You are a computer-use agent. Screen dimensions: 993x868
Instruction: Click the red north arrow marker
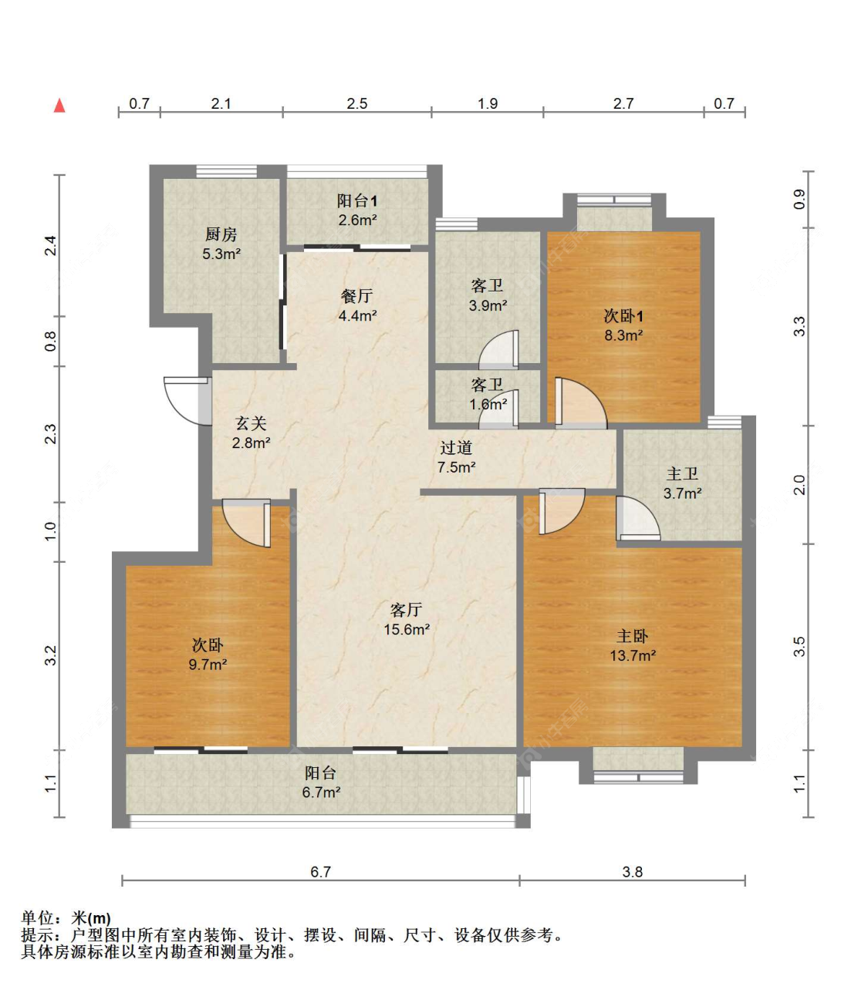point(59,106)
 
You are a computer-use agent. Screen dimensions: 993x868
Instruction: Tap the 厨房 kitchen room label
point(221,234)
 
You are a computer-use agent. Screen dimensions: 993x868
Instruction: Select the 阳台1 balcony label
point(357,201)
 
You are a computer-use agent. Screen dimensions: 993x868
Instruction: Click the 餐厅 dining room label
point(356,296)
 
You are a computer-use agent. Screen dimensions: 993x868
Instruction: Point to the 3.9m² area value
point(488,306)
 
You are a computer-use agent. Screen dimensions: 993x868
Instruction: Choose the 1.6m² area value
point(488,404)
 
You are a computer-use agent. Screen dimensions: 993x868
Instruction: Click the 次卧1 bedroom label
point(623,316)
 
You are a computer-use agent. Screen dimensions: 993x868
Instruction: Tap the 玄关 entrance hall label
point(251,423)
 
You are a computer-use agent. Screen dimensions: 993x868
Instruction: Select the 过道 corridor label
point(456,448)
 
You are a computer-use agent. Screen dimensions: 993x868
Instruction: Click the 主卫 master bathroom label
point(682,474)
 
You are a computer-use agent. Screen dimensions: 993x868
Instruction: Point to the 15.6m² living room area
point(407,630)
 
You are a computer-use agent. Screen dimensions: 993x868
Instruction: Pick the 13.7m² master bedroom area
point(633,656)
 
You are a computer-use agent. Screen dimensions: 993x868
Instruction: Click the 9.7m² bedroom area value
point(208,665)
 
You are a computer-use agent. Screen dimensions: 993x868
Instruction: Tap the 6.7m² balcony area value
point(321,793)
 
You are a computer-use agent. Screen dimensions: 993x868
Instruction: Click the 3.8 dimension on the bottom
point(632,872)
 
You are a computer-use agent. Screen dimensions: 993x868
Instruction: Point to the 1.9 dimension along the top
point(488,103)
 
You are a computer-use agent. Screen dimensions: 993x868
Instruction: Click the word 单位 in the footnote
point(37,918)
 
